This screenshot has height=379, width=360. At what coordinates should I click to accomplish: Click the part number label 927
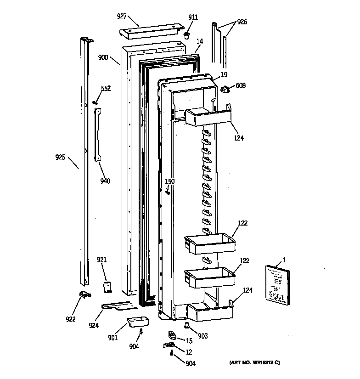121,17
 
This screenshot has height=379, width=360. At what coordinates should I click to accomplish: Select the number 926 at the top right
242,22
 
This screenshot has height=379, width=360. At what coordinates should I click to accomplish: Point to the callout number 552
106,88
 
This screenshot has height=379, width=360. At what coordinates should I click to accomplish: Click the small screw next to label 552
95,102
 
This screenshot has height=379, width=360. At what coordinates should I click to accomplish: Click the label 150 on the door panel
170,181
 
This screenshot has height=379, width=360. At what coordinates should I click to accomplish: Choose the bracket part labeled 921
107,287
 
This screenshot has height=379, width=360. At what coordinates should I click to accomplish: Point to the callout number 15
189,340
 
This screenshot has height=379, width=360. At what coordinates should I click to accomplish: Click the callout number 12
188,352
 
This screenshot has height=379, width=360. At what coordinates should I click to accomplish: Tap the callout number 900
103,57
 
